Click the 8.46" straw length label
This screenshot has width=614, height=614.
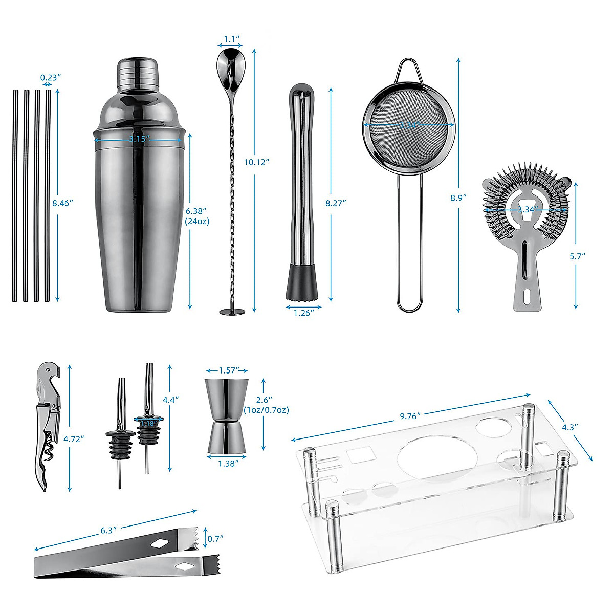click(63, 203)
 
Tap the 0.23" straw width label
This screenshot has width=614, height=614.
click(51, 77)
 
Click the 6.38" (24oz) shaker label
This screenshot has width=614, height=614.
click(198, 216)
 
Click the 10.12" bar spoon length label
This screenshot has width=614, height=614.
click(256, 162)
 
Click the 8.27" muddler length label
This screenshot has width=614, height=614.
click(336, 203)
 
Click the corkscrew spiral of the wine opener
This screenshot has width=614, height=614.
click(50, 441)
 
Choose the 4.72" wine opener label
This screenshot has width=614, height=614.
click(74, 438)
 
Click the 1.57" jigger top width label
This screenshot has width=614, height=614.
click(227, 370)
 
